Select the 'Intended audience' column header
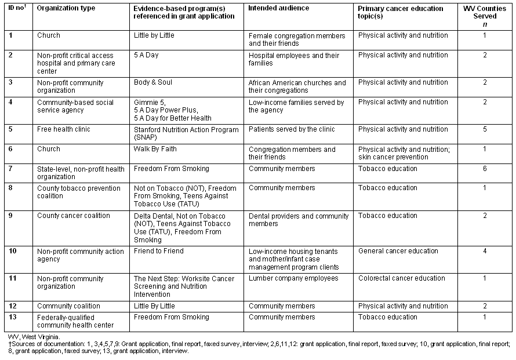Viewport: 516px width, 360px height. (x=278, y=9)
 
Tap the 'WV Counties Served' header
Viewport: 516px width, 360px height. (x=485, y=13)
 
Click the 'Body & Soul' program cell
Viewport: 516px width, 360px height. (x=152, y=82)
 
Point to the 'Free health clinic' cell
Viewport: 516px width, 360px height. (x=64, y=129)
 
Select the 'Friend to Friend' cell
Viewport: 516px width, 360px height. (x=158, y=251)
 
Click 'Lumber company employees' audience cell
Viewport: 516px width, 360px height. (x=293, y=278)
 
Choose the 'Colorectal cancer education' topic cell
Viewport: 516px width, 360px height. (x=402, y=278)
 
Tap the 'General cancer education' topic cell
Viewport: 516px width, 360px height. (x=398, y=251)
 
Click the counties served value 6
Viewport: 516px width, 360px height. (x=485, y=169)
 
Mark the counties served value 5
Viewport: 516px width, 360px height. (x=485, y=129)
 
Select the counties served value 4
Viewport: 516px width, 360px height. (x=485, y=251)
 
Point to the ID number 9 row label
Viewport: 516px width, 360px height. (x=10, y=216)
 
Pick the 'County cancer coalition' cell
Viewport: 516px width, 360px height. (x=74, y=216)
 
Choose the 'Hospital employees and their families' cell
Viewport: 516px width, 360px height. (x=294, y=59)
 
